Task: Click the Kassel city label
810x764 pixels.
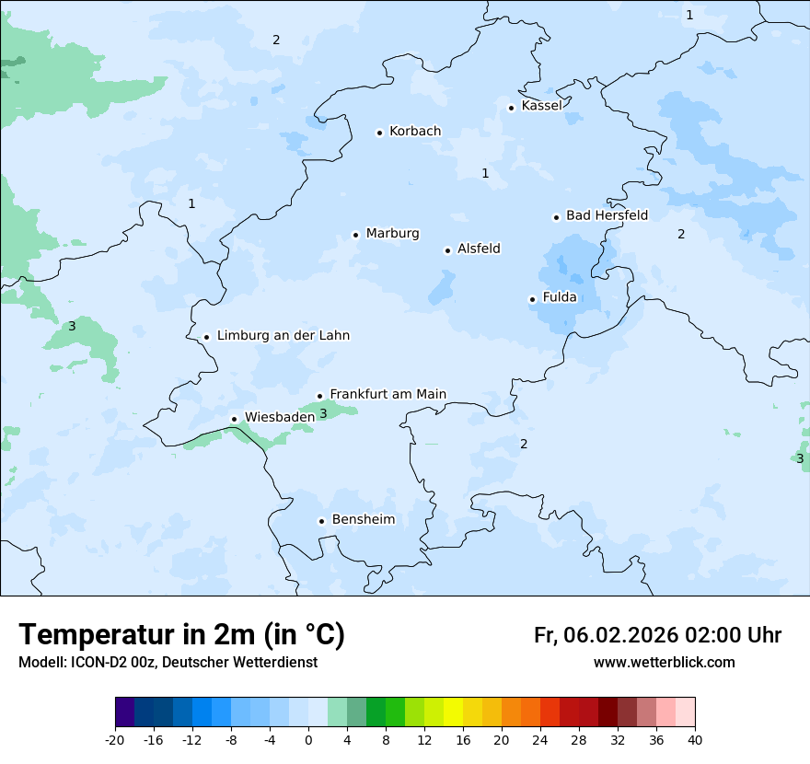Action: [x=541, y=106]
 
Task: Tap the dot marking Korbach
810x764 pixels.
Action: [x=379, y=133]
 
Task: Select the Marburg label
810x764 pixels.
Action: [x=392, y=234]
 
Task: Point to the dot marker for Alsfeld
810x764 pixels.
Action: [x=447, y=250]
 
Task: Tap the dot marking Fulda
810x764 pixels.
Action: [x=532, y=299]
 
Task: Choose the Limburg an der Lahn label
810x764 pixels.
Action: [x=283, y=336]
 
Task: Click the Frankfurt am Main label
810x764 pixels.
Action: [x=388, y=394]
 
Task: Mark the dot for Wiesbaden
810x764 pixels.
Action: [x=234, y=419]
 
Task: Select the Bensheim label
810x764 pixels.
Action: [x=363, y=519]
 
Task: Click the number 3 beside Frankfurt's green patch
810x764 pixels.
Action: [x=323, y=414]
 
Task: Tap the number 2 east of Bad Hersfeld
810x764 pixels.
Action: [x=681, y=234]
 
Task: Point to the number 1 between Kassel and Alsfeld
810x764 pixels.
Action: [x=485, y=173]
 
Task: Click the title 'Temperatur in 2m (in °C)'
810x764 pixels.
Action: [x=181, y=635]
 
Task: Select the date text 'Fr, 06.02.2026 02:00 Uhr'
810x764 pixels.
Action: [x=657, y=635]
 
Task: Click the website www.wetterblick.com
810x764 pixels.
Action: [x=664, y=662]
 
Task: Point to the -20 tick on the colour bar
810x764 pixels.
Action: [x=115, y=739]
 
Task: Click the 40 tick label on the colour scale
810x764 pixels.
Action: [x=694, y=739]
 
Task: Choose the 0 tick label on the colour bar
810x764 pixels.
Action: [x=308, y=739]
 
